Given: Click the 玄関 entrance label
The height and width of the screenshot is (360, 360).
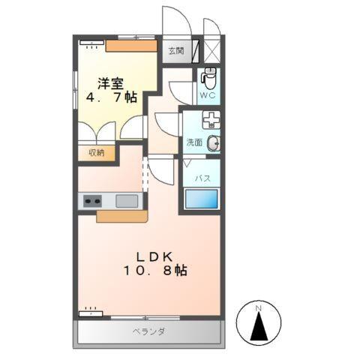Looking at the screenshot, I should tap(175, 52).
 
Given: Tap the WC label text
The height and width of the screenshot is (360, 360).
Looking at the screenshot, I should tap(208, 95).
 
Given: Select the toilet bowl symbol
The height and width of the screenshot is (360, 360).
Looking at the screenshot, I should tap(209, 76).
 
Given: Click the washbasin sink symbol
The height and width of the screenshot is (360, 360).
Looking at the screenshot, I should tap(214, 144).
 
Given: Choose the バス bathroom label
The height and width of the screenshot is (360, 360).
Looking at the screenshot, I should tap(202, 178).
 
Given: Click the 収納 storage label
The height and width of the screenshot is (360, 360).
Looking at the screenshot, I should tap(97, 152).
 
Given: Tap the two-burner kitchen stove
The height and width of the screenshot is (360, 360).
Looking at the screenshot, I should tap(92, 201).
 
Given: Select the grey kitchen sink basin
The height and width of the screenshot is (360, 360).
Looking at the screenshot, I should tap(126, 201).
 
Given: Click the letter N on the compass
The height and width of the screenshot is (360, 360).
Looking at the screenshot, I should tap(258, 307).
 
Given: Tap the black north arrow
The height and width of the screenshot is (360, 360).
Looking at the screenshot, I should tap(258, 328).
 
